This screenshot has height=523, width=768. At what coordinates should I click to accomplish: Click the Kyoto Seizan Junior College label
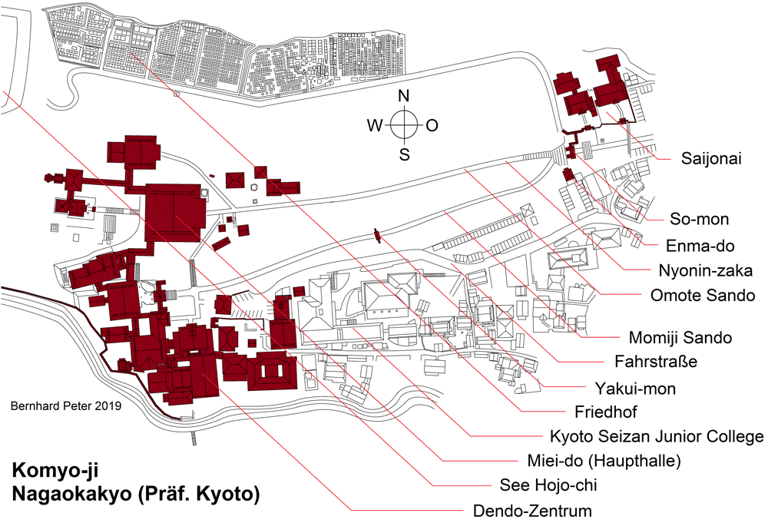[656, 436]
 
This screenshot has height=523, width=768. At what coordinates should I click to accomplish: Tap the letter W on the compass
[374, 126]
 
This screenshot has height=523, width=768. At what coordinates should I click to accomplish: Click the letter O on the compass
[432, 126]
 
